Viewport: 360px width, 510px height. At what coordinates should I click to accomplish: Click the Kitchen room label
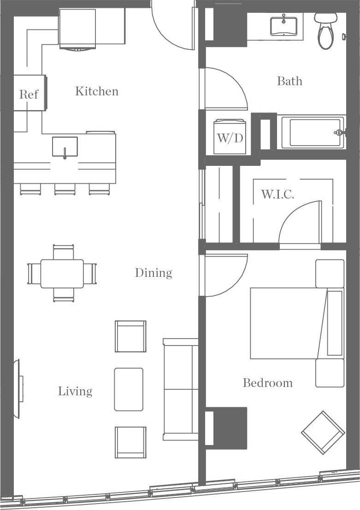click(97, 91)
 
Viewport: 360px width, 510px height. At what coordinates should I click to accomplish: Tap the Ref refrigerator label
click(29, 94)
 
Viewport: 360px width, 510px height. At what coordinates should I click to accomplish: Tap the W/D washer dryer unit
click(230, 137)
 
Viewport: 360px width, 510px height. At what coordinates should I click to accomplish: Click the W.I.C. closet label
click(277, 194)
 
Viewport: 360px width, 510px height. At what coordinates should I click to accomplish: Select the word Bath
click(289, 82)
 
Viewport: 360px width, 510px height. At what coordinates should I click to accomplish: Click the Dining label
click(153, 273)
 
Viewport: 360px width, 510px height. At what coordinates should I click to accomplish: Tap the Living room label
click(75, 391)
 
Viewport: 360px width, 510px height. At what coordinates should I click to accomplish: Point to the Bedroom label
click(267, 383)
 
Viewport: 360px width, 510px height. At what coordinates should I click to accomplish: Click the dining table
click(62, 274)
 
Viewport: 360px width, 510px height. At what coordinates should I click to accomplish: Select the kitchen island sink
click(65, 147)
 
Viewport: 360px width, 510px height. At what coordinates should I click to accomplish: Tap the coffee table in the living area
click(129, 389)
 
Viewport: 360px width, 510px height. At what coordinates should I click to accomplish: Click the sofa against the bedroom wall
click(180, 389)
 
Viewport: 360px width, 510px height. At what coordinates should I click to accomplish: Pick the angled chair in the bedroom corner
click(323, 433)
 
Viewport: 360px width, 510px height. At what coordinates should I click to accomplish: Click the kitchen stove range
click(77, 29)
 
